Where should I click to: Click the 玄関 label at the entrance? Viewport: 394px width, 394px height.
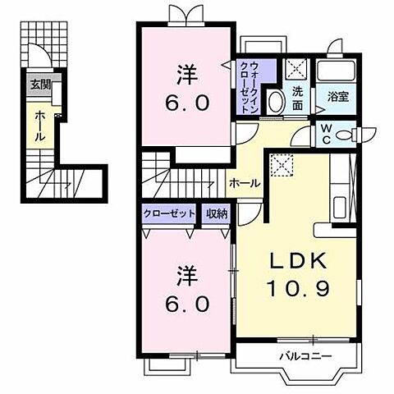click(x=41, y=83)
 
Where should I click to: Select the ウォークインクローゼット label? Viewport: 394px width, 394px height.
click(x=246, y=87)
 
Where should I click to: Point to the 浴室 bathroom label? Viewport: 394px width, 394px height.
click(x=337, y=96)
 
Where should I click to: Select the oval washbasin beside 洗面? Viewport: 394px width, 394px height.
click(x=276, y=102)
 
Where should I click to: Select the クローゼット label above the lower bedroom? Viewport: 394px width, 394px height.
click(x=170, y=213)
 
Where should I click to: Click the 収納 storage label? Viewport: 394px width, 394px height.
click(x=217, y=213)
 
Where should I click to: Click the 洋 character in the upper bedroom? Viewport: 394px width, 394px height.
click(x=186, y=75)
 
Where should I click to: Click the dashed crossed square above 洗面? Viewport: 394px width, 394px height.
click(x=297, y=69)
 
